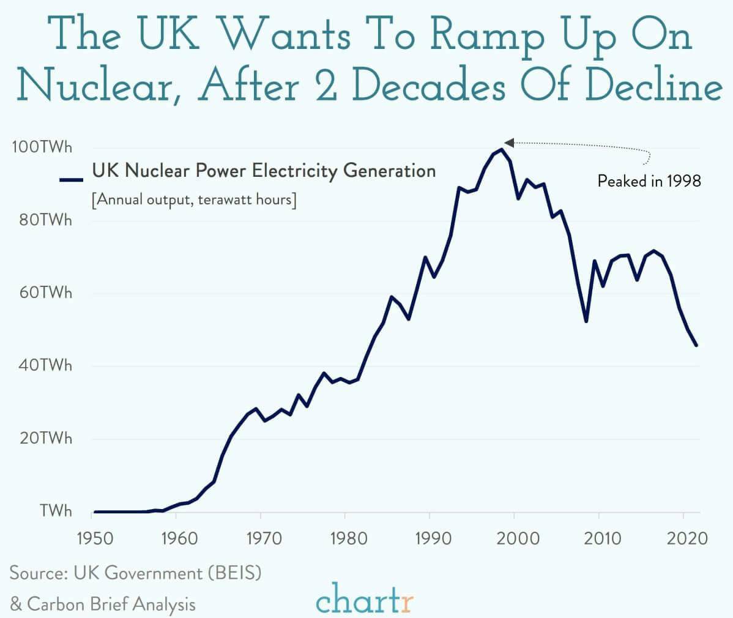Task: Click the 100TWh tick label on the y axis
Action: [x=40, y=147]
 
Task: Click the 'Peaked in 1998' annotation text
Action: [x=649, y=181]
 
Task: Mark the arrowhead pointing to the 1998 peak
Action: [x=508, y=143]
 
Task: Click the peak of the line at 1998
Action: [x=502, y=149]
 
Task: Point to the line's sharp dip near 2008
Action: [x=586, y=321]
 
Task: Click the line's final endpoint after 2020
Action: [x=696, y=346]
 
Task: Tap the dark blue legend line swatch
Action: [x=71, y=179]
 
